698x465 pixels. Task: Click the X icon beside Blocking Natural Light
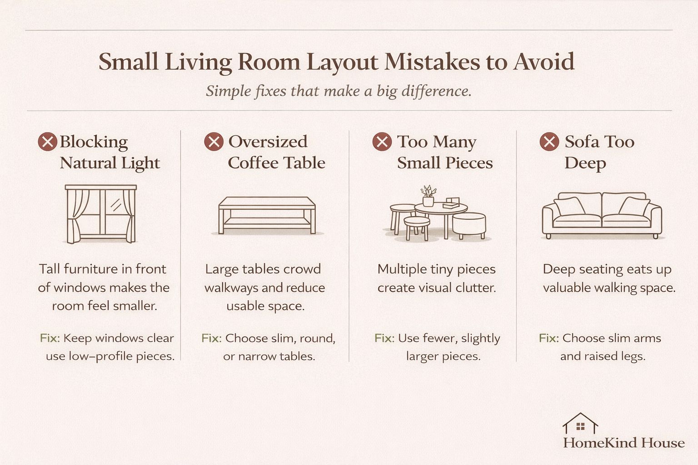coord(47,142)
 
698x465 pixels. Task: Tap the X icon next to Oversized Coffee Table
coord(214,142)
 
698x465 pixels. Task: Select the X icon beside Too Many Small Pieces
coord(382,142)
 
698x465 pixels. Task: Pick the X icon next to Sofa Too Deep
coord(549,142)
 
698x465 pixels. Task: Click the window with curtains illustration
coord(101,213)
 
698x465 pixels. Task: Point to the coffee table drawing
coord(267,215)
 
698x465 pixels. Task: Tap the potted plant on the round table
coord(428,196)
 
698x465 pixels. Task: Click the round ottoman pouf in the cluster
coord(469,225)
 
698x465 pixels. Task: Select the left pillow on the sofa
coord(569,206)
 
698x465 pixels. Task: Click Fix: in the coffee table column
coord(211,338)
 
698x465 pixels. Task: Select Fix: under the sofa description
coord(548,338)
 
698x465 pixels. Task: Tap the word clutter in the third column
coord(477,288)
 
